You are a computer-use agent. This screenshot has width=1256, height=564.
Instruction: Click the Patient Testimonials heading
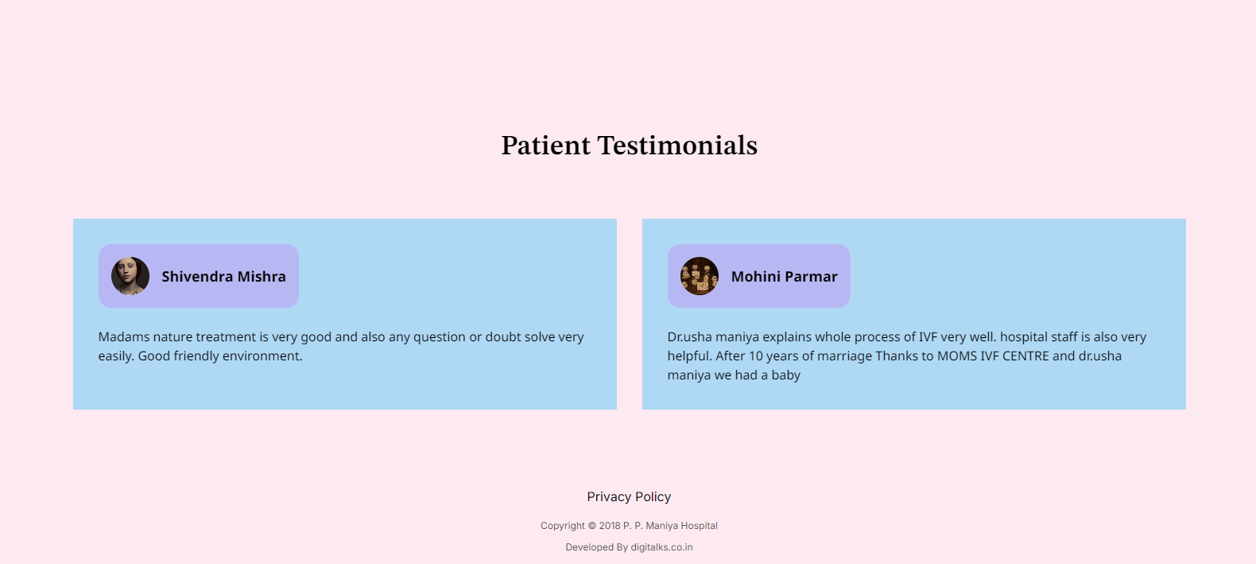(x=629, y=146)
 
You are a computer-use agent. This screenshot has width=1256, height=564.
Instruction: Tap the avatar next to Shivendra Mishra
(x=130, y=276)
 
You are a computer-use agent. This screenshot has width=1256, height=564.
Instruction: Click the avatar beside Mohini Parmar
(x=700, y=276)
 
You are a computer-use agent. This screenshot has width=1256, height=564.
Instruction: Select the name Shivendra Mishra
(x=223, y=277)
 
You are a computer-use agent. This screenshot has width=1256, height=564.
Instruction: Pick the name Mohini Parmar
(x=784, y=277)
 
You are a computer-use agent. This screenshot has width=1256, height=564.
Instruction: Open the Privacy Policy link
(x=629, y=497)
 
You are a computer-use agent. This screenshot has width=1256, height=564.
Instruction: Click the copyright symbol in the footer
(x=591, y=526)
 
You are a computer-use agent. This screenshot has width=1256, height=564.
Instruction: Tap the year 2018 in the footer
(x=610, y=526)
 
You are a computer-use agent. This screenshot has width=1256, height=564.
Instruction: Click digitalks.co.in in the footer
(x=661, y=547)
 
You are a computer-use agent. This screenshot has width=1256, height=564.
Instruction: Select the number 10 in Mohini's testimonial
(x=756, y=356)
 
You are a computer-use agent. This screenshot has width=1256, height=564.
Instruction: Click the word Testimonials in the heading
(x=677, y=146)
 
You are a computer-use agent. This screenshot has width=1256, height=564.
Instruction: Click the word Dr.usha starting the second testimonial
(x=690, y=336)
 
